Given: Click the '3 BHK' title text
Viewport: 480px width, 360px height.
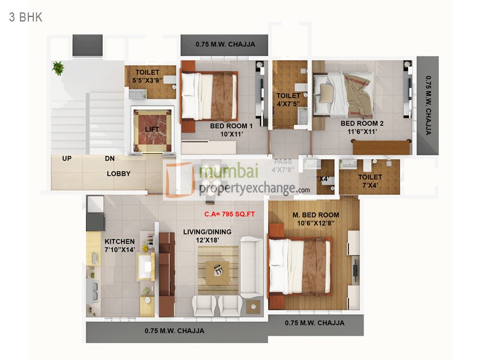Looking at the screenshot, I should [x=25, y=17].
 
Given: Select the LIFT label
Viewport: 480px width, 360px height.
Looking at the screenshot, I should [x=152, y=129].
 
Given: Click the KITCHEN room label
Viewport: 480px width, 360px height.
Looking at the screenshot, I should [x=120, y=241].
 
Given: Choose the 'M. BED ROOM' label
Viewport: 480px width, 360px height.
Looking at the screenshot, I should [x=315, y=215].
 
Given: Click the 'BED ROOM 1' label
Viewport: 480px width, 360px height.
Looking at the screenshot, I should [x=231, y=126].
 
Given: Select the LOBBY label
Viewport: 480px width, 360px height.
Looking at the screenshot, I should [x=119, y=174].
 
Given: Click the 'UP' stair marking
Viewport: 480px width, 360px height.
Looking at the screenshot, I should [x=67, y=159].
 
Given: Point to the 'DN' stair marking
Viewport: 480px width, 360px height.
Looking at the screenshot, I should [x=110, y=159].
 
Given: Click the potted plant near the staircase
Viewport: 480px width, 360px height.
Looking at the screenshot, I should [x=58, y=68].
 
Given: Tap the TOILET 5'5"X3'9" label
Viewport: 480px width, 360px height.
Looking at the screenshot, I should [x=147, y=72].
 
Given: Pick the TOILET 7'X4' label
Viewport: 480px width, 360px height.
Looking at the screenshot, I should [x=370, y=177].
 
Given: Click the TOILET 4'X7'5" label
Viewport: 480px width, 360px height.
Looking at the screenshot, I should [x=288, y=96].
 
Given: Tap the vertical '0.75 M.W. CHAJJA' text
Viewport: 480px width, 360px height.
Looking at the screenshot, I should [x=428, y=106].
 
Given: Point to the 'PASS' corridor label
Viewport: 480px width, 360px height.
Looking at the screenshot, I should [x=283, y=162].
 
